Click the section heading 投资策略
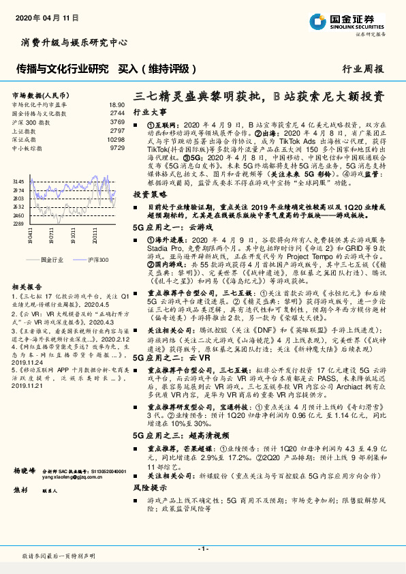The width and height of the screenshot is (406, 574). [x=149, y=194]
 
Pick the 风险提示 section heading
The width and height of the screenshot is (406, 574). [x=149, y=489]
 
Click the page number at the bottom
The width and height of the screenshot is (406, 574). [x=202, y=549]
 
